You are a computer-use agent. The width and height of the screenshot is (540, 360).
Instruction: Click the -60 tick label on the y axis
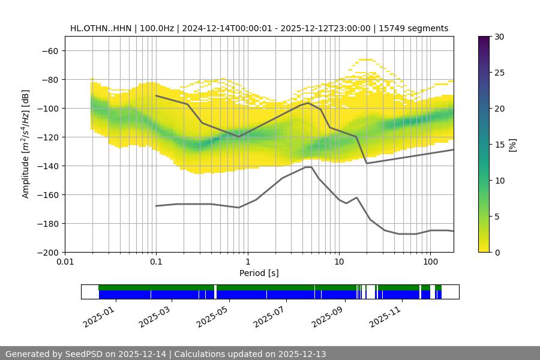click(x=50, y=50)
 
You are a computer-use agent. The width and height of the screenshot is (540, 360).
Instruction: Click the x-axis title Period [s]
click(x=259, y=273)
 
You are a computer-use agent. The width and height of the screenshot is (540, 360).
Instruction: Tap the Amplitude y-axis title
click(x=26, y=144)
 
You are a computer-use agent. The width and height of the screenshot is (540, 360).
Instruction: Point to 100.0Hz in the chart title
click(x=158, y=28)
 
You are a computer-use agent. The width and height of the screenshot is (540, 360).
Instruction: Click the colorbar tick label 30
click(x=499, y=37)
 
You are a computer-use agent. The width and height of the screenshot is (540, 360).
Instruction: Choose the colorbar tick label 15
click(x=499, y=145)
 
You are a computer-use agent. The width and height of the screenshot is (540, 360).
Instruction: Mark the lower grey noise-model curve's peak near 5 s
click(x=308, y=167)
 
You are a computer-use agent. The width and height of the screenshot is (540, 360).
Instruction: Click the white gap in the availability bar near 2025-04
click(x=215, y=292)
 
